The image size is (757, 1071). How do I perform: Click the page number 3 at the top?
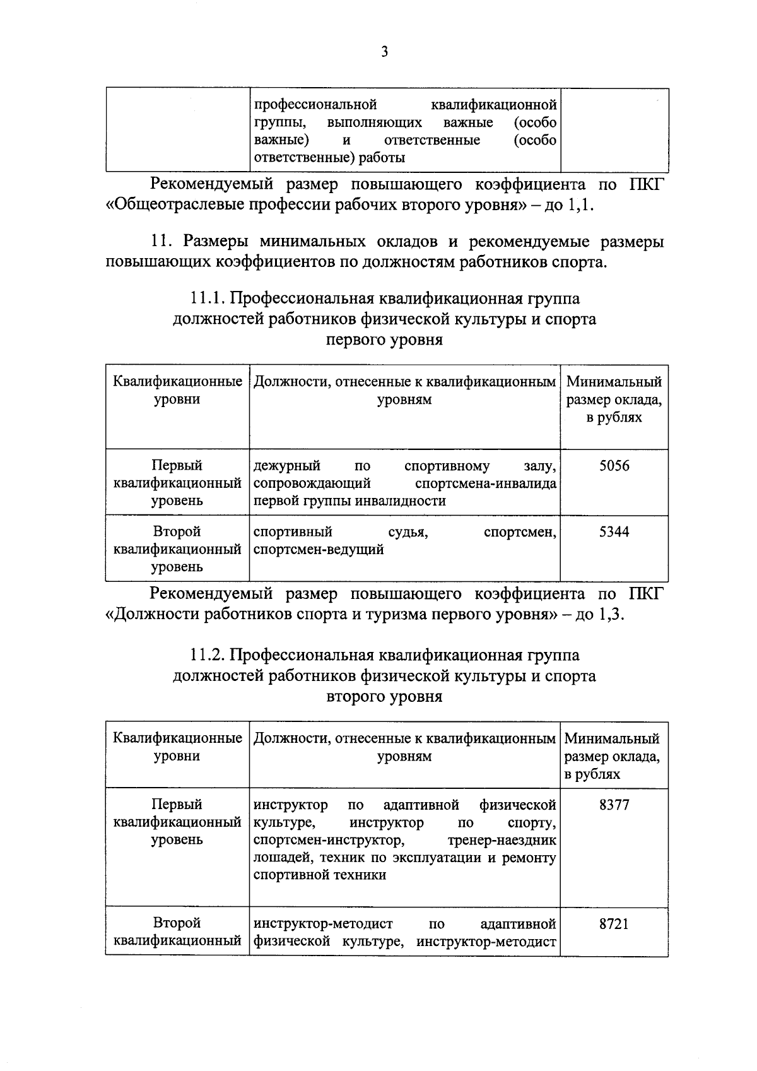tap(384, 52)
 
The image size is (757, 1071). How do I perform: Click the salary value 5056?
tap(614, 466)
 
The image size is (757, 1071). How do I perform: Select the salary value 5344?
tap(614, 532)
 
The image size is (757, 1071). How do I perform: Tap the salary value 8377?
tap(614, 805)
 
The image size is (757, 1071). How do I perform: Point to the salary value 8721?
tap(614, 924)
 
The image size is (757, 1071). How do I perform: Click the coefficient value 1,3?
tap(609, 615)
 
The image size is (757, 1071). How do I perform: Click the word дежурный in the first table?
tap(286, 466)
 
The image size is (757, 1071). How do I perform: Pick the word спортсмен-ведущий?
tap(319, 550)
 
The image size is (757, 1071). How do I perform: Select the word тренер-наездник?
tap(502, 841)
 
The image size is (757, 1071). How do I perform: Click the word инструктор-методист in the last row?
tap(323, 924)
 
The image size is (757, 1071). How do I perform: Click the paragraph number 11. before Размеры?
tap(162, 242)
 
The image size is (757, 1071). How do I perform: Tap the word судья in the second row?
tap(408, 532)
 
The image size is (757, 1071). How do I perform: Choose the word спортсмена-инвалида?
tap(486, 484)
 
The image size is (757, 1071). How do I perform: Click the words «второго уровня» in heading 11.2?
tap(384, 697)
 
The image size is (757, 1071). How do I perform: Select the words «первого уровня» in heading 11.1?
tap(384, 340)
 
